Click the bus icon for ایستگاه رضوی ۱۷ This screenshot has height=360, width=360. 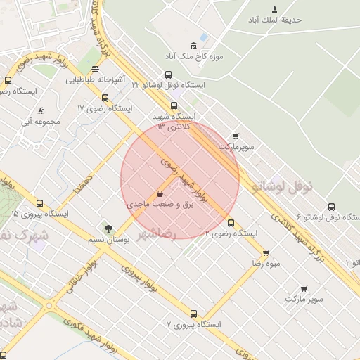point(105,98)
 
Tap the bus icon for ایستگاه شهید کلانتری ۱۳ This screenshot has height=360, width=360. point(174,106)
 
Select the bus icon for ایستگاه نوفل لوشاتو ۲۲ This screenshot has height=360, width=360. point(168,75)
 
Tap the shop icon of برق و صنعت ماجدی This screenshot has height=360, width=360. point(160,193)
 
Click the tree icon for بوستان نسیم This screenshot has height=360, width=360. point(108,229)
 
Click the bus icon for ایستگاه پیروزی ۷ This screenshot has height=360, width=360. point(193,314)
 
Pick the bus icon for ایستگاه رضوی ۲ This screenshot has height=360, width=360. point(231,223)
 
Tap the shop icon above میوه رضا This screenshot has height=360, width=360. point(266,253)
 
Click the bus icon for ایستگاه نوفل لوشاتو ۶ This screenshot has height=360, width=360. point(331,207)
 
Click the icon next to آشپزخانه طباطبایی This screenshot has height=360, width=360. point(95,69)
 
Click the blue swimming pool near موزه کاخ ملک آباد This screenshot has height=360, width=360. point(203,37)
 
